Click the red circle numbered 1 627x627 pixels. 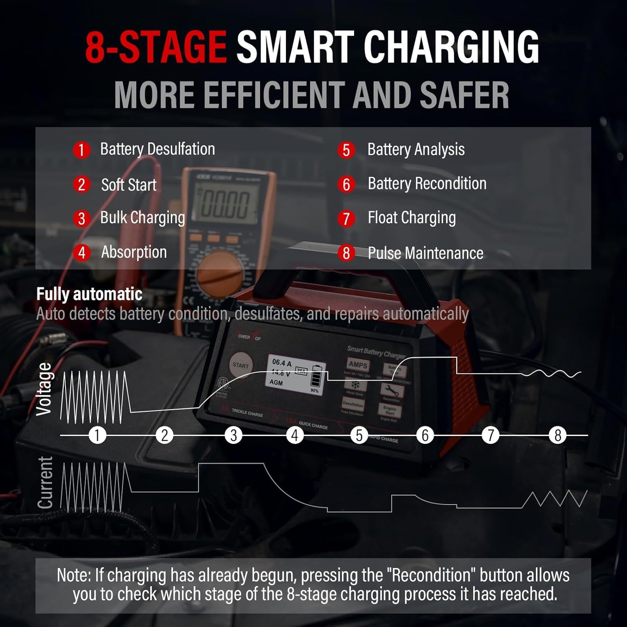[x=81, y=150]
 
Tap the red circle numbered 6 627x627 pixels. [x=346, y=184]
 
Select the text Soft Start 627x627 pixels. [x=128, y=185]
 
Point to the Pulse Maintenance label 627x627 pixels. [x=425, y=253]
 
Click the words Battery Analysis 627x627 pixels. [x=416, y=150]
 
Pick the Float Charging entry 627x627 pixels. [x=411, y=218]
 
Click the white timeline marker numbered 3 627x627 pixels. [x=233, y=435]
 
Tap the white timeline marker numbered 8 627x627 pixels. [x=558, y=435]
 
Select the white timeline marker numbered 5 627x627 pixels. [x=359, y=435]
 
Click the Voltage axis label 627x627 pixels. [x=44, y=389]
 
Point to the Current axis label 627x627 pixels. [x=45, y=483]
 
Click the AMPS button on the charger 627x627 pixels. [x=358, y=365]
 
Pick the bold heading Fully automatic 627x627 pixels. [x=89, y=294]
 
